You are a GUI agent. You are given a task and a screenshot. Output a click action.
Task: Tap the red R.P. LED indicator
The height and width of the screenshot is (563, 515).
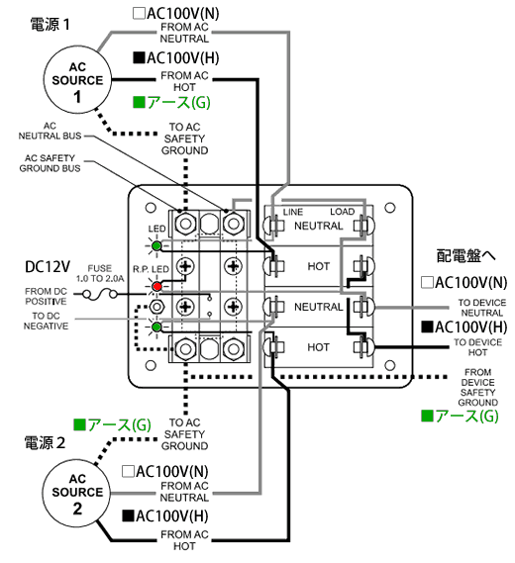[x=156, y=287]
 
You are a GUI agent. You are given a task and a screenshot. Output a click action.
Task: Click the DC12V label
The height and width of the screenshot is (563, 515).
[x=48, y=267]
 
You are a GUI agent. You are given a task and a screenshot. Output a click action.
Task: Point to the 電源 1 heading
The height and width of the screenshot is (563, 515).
[x=50, y=25]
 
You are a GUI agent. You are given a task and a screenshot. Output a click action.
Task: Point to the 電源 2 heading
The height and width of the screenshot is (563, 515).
[x=45, y=442]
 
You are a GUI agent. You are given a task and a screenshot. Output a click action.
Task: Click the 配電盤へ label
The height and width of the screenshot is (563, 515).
[x=465, y=256]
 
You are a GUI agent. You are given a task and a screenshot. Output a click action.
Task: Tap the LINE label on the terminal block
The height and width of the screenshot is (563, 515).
[x=293, y=212]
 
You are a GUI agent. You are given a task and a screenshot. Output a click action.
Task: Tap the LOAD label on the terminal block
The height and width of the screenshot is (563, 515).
[x=342, y=212]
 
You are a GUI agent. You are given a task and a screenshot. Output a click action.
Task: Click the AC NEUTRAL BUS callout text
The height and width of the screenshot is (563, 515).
[x=50, y=131]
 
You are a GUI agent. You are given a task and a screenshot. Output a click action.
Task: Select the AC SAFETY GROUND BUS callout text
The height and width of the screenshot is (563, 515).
[x=50, y=163]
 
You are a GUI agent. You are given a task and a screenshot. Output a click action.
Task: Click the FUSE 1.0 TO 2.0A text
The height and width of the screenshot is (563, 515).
[x=100, y=273]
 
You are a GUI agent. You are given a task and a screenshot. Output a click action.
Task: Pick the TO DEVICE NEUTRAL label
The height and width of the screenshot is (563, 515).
[x=482, y=308]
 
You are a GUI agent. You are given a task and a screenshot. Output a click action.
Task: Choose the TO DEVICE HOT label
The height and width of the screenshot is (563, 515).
[x=477, y=347]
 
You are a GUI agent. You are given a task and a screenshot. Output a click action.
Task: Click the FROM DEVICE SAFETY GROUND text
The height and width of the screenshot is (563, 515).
[x=477, y=387]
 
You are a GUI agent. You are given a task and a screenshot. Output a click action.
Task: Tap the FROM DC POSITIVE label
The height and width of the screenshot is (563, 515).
[x=46, y=296]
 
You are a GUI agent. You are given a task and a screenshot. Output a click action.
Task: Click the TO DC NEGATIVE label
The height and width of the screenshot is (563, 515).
[x=46, y=321]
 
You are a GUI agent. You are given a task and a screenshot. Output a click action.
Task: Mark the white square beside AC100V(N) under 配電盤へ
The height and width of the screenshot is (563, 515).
[x=427, y=282]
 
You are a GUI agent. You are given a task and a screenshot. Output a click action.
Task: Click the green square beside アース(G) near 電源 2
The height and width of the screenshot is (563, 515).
[x=79, y=425]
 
